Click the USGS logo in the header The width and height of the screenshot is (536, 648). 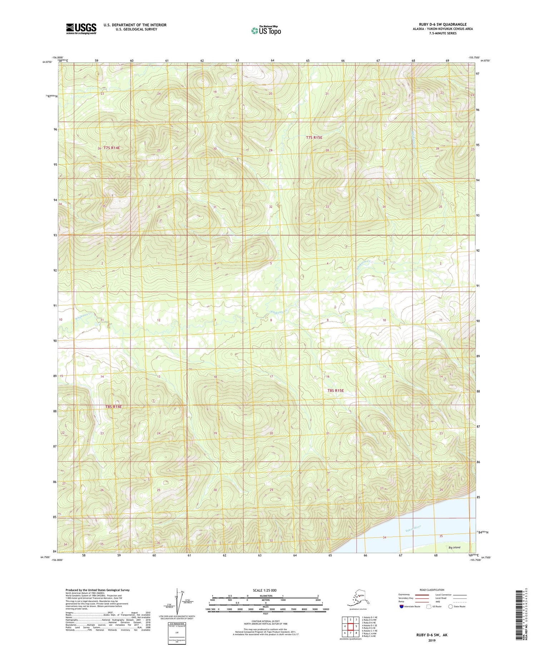coord(81,29)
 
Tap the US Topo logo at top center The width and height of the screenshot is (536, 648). coord(266,30)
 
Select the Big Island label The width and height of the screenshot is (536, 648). coord(454,547)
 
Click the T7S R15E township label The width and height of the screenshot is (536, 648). coord(314,137)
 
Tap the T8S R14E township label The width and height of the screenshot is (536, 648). coord(114,407)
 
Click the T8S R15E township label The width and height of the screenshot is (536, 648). coord(336,391)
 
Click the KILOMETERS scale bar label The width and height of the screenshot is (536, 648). coord(265,596)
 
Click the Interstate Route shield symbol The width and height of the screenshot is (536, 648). coord(402,606)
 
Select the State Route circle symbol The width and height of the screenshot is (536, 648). coord(450,606)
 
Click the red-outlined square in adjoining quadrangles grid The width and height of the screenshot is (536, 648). coord(351,626)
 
